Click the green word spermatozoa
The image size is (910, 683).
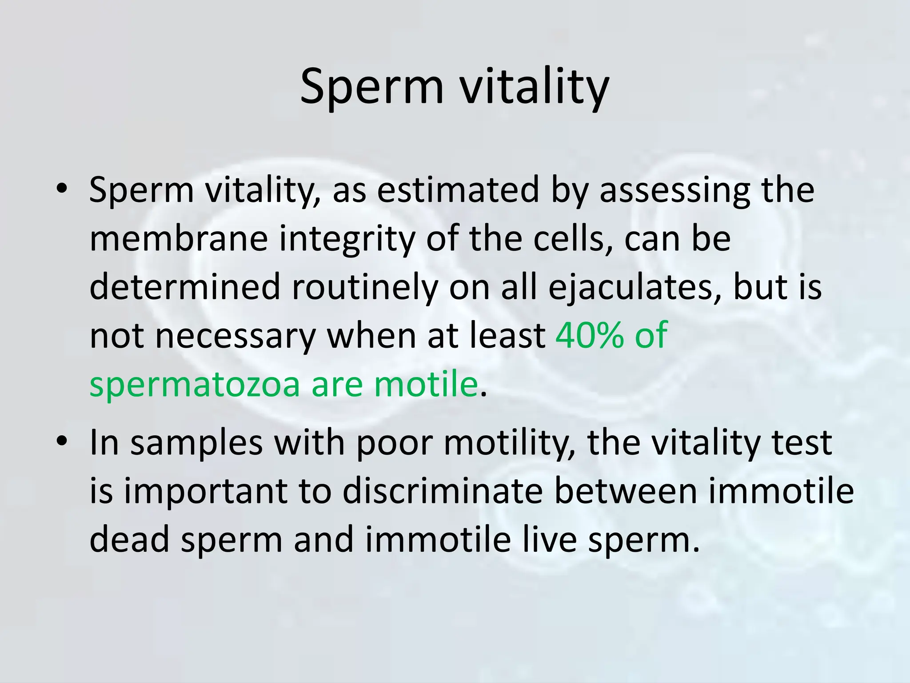[195, 385]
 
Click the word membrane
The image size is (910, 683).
[179, 238]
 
